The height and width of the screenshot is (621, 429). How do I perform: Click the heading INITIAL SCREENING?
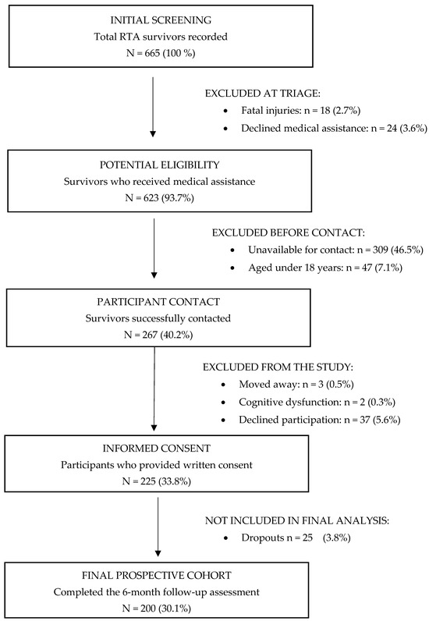coord(161,20)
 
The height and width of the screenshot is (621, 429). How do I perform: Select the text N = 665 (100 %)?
coord(161,53)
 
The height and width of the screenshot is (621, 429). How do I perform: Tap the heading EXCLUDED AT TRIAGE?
coord(263,94)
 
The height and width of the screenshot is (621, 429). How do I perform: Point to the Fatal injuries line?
coord(300,111)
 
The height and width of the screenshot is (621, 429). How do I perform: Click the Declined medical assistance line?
coord(335,128)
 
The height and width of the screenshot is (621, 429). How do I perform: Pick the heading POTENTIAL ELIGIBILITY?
coord(160,165)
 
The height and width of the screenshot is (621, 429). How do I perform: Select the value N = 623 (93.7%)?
coord(160,198)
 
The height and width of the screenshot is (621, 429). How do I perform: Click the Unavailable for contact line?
coord(336,250)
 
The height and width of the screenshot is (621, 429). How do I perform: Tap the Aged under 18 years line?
coord(325,268)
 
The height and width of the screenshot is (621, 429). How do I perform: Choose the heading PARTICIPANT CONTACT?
coord(158,302)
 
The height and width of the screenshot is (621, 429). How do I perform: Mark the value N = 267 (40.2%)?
coord(158,335)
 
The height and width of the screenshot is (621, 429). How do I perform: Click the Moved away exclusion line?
coord(296,384)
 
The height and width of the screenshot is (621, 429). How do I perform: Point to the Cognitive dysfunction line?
coord(317,402)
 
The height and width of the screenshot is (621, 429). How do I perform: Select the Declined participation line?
coord(320,420)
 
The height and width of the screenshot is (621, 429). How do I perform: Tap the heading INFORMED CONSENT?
coord(157,449)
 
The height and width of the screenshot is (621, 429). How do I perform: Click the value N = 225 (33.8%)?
coord(157,481)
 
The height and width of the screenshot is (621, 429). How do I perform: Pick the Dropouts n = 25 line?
coord(296,538)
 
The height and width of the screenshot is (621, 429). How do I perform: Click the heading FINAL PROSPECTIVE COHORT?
coord(157,576)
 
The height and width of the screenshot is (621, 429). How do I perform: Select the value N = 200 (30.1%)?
coord(157,609)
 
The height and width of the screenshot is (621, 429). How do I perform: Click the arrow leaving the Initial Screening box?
coord(153,107)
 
